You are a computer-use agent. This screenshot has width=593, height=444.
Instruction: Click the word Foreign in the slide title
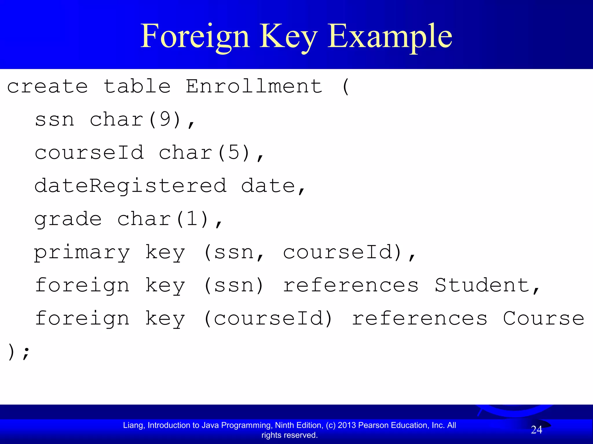point(195,37)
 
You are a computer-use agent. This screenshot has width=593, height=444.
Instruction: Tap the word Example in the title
point(390,37)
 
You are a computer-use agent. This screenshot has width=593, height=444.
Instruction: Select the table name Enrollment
point(254,86)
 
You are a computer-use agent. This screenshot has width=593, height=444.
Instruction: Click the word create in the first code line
point(47,86)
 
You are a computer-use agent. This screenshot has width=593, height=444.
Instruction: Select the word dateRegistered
point(131,186)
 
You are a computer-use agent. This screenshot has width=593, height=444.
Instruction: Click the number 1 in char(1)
point(193,219)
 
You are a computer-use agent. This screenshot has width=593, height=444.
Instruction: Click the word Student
point(482,285)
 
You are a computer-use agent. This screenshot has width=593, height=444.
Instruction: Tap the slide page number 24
point(537,430)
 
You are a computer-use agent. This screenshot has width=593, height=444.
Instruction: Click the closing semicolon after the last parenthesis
point(26,352)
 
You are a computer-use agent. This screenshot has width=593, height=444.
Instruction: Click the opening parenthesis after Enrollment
point(345,86)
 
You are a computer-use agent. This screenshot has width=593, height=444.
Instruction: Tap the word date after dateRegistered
point(268,186)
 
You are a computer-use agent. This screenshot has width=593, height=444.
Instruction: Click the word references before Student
point(351,285)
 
